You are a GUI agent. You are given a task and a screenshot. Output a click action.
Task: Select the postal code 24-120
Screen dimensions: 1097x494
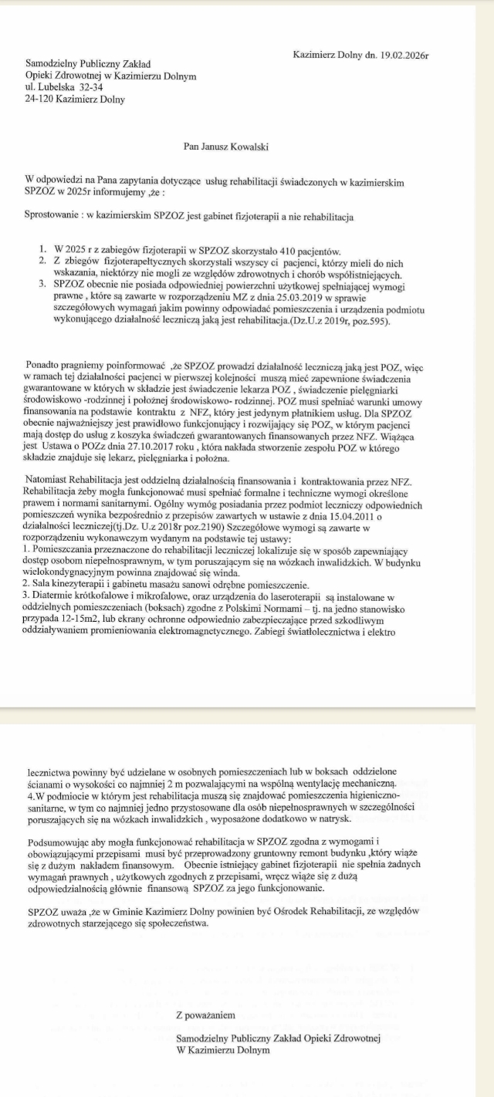click(x=39, y=99)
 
